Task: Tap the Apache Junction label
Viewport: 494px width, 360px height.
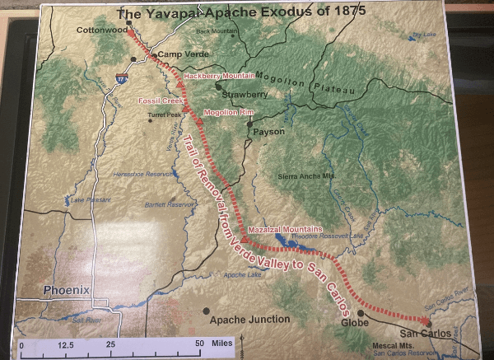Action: coord(249,319)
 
